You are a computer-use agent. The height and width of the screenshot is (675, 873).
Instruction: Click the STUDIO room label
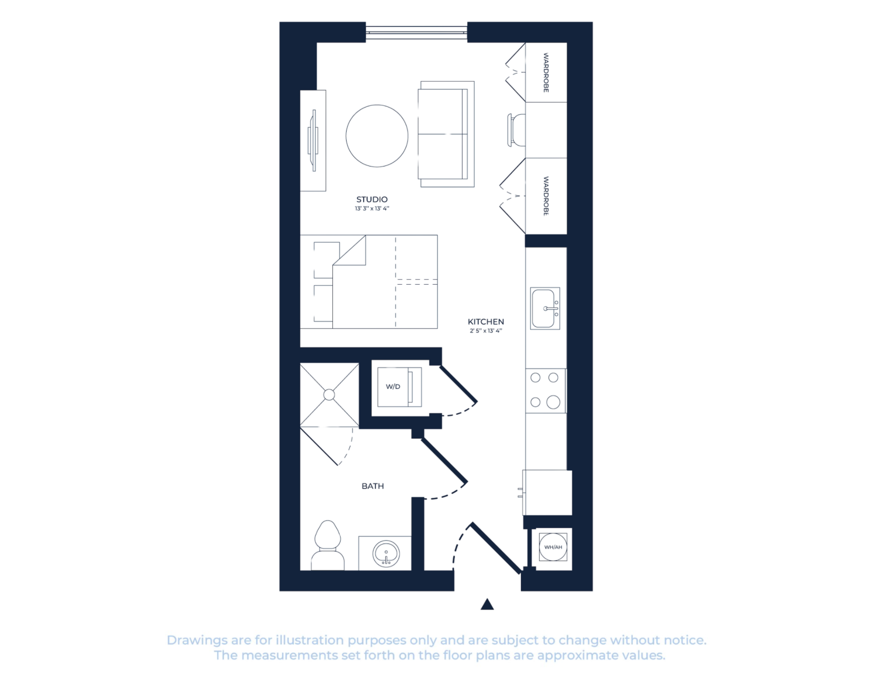[x=372, y=199]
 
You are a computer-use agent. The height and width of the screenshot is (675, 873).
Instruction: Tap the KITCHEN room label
[x=486, y=322]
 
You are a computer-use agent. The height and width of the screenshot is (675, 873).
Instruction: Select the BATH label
[x=373, y=486]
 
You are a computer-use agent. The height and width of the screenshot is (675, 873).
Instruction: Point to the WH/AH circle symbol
[x=553, y=547]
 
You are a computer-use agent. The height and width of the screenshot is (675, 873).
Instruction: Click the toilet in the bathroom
[x=327, y=545]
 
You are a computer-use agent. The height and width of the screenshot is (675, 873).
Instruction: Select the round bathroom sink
[x=386, y=554]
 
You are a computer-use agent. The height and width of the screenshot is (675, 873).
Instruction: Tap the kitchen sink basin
[x=543, y=308]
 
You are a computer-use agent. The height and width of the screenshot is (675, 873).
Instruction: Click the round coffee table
[x=377, y=136]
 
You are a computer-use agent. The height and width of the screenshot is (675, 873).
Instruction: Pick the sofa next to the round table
[x=446, y=134]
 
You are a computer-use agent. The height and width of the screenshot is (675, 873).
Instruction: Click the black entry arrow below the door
[x=487, y=604]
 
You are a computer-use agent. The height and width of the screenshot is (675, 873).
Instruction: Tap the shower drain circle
[x=329, y=395]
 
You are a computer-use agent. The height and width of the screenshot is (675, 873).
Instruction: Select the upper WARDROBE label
[x=546, y=73]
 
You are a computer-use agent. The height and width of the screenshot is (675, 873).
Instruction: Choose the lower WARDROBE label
[x=546, y=196]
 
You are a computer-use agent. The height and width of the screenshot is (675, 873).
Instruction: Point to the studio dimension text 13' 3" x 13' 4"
[x=372, y=209]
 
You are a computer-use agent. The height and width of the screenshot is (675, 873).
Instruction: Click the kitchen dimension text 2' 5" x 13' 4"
[x=486, y=331]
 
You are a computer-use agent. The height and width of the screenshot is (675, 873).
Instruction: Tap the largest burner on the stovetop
[x=553, y=402]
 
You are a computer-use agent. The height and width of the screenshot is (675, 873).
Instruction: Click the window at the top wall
[x=416, y=32]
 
